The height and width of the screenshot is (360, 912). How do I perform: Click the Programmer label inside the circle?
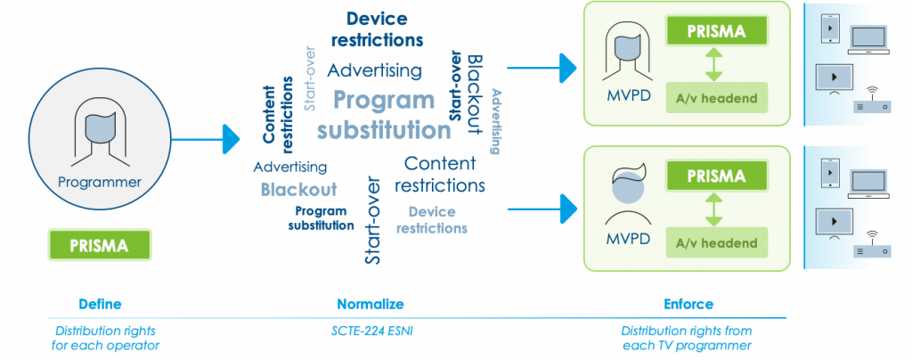pyautogui.click(x=99, y=182)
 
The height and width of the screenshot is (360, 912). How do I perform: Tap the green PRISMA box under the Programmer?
pyautogui.click(x=100, y=244)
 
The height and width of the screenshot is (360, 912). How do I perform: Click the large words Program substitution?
pyautogui.click(x=384, y=115)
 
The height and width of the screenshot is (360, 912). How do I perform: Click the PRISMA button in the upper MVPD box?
pyautogui.click(x=716, y=30)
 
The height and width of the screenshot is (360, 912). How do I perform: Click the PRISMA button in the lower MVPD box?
pyautogui.click(x=716, y=176)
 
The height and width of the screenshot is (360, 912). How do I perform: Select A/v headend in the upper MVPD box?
pyautogui.click(x=716, y=98)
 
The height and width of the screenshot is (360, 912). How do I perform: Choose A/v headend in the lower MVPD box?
pyautogui.click(x=716, y=242)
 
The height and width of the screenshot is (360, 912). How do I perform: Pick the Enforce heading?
pyautogui.click(x=688, y=303)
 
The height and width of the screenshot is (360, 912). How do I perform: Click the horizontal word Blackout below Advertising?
pyautogui.click(x=298, y=189)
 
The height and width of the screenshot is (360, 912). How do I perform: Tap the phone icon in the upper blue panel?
pyautogui.click(x=828, y=29)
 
